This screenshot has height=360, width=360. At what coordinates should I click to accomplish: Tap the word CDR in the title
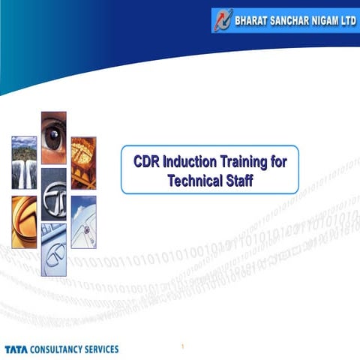(x=146, y=163)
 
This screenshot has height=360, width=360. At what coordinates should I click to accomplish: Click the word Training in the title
(x=245, y=163)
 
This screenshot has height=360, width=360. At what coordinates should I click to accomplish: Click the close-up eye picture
(x=53, y=137)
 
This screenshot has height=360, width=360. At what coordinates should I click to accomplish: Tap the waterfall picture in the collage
(x=24, y=162)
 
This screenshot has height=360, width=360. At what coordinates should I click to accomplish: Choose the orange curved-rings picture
(x=24, y=222)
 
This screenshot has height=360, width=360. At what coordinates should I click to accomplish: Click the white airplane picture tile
(x=83, y=222)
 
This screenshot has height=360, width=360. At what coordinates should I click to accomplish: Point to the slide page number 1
(x=182, y=346)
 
